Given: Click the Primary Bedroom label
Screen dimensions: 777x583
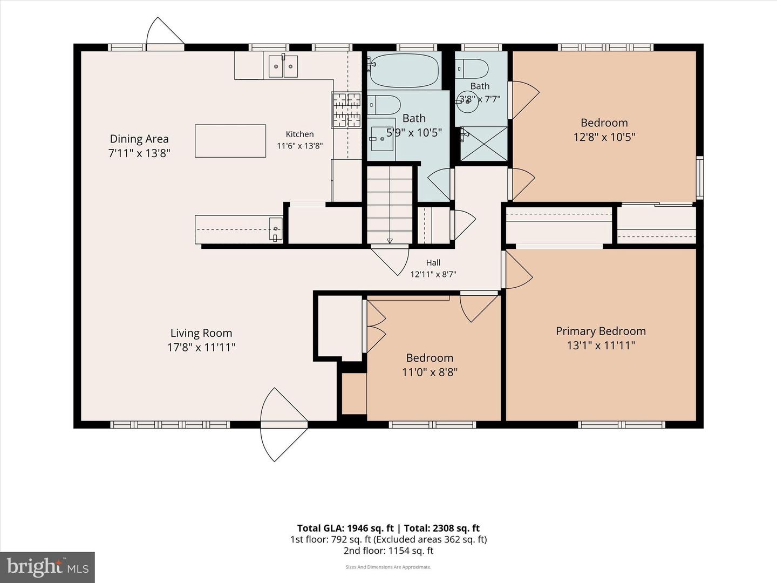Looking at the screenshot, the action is click(601, 331).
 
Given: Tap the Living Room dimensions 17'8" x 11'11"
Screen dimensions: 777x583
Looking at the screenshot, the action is click(201, 347).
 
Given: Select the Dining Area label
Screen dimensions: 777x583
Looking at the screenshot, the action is click(139, 138).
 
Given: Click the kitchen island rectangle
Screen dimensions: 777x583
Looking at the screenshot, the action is click(230, 140).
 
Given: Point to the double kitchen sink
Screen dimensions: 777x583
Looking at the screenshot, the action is click(283, 66).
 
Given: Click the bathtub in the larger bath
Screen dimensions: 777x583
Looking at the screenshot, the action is click(404, 70).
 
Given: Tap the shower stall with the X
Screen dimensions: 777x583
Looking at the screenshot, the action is click(484, 144).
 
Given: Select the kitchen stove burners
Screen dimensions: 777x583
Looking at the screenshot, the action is click(346, 110).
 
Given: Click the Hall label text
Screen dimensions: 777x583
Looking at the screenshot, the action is click(433, 263).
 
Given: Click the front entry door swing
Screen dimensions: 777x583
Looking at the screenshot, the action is click(283, 425).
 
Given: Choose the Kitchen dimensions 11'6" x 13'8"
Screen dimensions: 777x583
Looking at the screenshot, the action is click(299, 146).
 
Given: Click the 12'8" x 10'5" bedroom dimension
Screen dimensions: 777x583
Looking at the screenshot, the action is click(604, 137).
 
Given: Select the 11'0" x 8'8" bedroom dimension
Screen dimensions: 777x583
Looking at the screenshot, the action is click(430, 372).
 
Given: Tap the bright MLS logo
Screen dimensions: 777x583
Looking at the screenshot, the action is click(47, 567).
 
